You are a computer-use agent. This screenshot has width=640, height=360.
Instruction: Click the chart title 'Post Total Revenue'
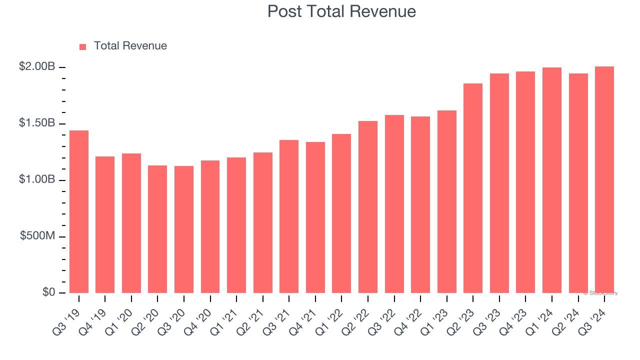pos(341,11)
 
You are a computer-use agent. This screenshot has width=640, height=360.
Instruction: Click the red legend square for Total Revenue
pos(83,46)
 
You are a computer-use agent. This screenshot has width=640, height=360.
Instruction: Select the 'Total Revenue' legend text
pos(130,46)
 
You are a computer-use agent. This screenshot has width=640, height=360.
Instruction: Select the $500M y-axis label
pos(37,236)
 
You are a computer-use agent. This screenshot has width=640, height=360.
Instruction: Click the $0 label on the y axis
pos(48,292)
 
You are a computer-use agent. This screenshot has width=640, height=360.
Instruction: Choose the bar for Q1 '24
pos(552,180)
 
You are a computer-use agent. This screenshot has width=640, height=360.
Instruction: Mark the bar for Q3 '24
pos(604,179)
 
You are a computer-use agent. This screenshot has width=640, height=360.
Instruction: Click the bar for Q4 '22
pos(420,204)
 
